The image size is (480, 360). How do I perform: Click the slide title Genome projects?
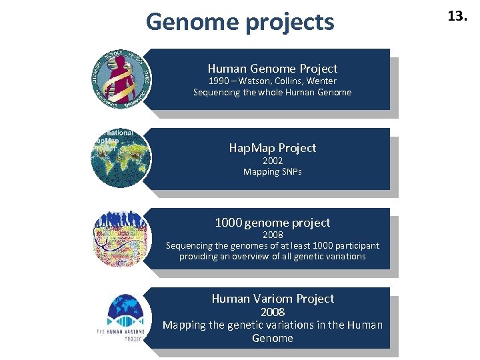240,22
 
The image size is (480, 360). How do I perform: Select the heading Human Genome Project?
272,68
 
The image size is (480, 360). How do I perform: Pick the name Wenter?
323,81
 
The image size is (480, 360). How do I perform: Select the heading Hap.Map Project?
272,147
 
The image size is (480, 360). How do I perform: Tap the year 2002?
272,161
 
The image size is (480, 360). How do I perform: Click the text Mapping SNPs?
272,172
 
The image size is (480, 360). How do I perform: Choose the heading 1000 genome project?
272,223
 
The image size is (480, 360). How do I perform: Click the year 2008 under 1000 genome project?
272,235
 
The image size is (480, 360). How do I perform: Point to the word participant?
356,245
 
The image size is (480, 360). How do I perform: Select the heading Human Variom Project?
272,299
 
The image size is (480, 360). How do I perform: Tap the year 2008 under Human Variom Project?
272,312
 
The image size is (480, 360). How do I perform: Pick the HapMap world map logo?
121,158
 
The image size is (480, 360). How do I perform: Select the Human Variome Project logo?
121,317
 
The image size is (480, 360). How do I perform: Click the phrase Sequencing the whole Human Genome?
272,93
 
